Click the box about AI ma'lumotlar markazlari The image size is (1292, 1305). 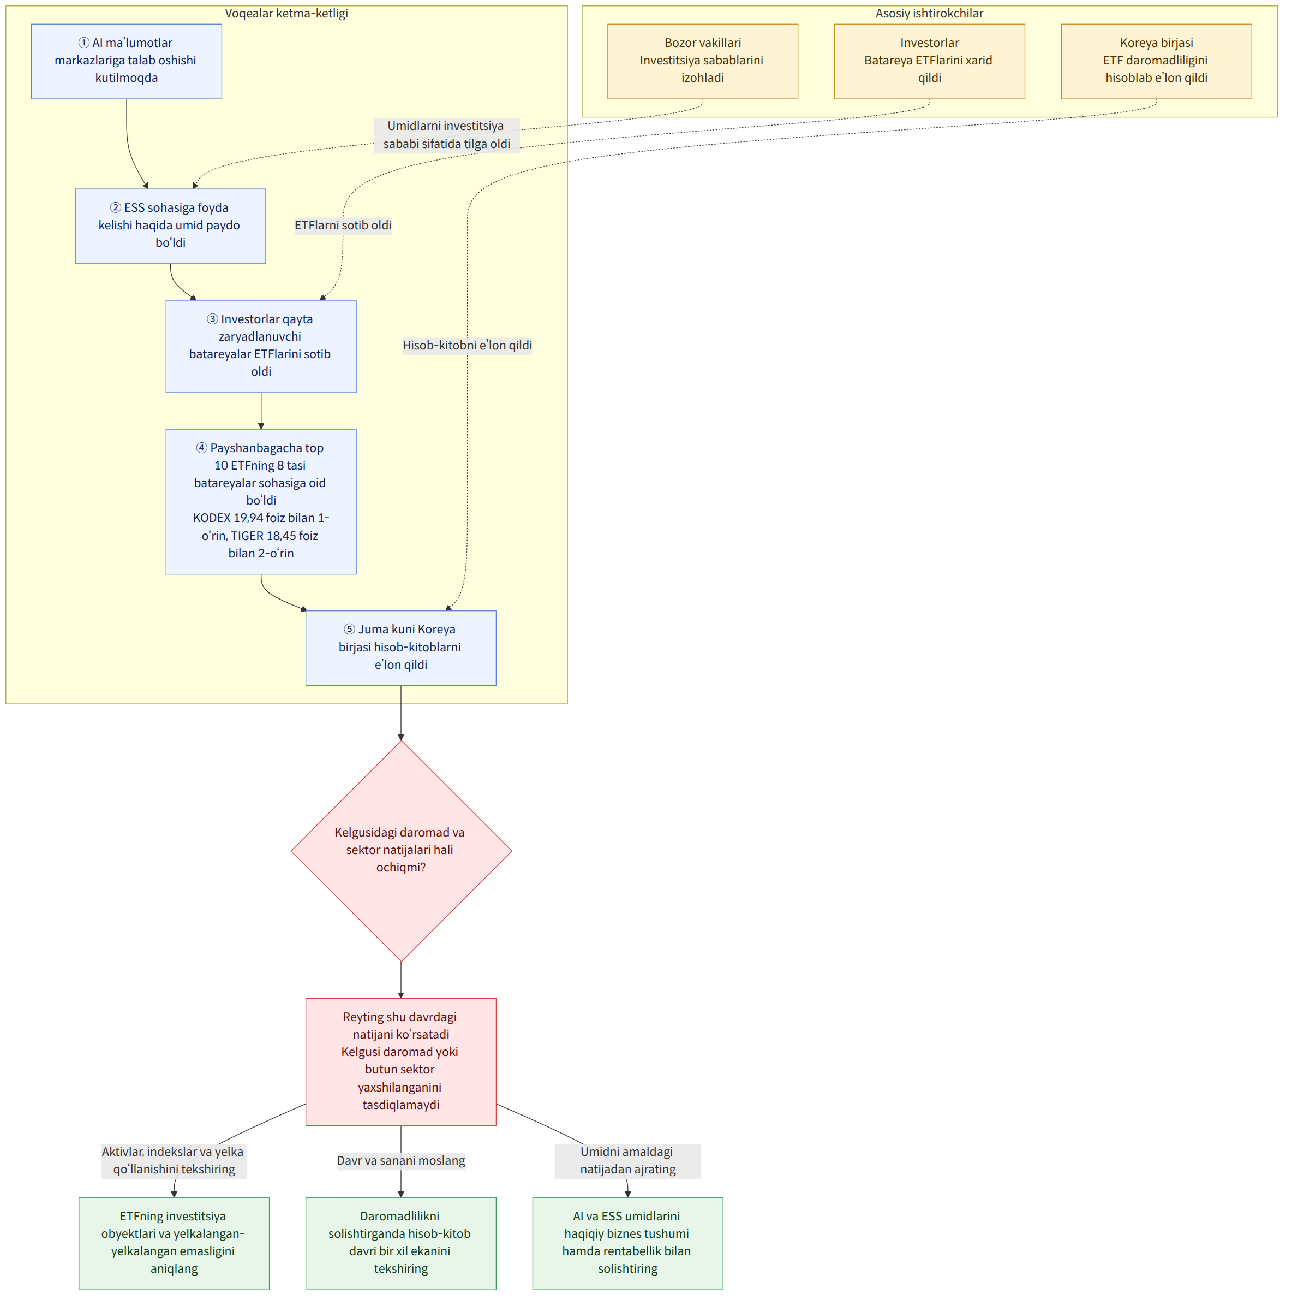(126, 62)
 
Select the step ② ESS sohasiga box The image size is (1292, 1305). (170, 226)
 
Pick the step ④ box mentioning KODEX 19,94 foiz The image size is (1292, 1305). (261, 501)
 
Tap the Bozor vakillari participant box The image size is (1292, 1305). (703, 62)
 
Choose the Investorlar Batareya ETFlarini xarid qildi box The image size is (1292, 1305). (930, 62)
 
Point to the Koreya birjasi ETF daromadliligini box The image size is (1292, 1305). (1156, 62)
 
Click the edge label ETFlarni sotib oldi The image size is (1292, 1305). (343, 226)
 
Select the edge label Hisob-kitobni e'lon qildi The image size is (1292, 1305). (467, 346)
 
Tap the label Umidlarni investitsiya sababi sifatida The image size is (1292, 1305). (446, 135)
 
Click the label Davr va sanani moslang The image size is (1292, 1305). (401, 1160)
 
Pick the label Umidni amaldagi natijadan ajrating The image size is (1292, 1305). (628, 1160)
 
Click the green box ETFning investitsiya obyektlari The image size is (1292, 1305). (174, 1243)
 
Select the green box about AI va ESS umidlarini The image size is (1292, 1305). (628, 1243)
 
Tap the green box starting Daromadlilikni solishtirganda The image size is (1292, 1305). (401, 1243)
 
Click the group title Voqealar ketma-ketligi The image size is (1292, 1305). (286, 14)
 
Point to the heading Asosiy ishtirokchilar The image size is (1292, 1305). (930, 14)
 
